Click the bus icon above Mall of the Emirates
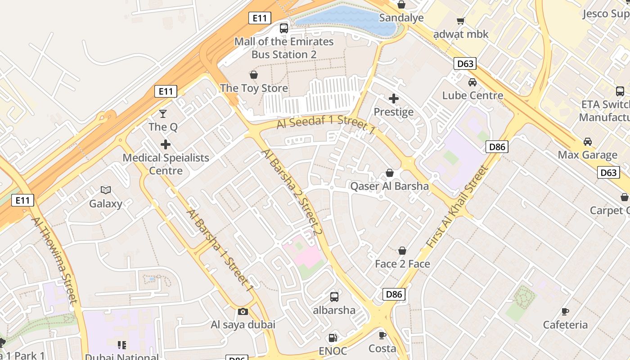point(283,28)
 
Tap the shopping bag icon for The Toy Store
point(254,75)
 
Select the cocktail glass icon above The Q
point(163,114)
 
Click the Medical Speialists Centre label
point(166,164)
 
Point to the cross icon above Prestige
point(394,99)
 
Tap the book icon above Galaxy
point(106,190)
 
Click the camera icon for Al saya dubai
point(243,311)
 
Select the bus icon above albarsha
point(334,297)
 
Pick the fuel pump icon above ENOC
point(333,337)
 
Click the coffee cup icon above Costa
point(382,335)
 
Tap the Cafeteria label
point(565,325)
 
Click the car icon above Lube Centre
point(472,82)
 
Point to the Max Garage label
point(588,155)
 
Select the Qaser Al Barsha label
point(390,186)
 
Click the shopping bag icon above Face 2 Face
point(402,251)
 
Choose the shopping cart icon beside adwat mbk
point(460,21)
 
